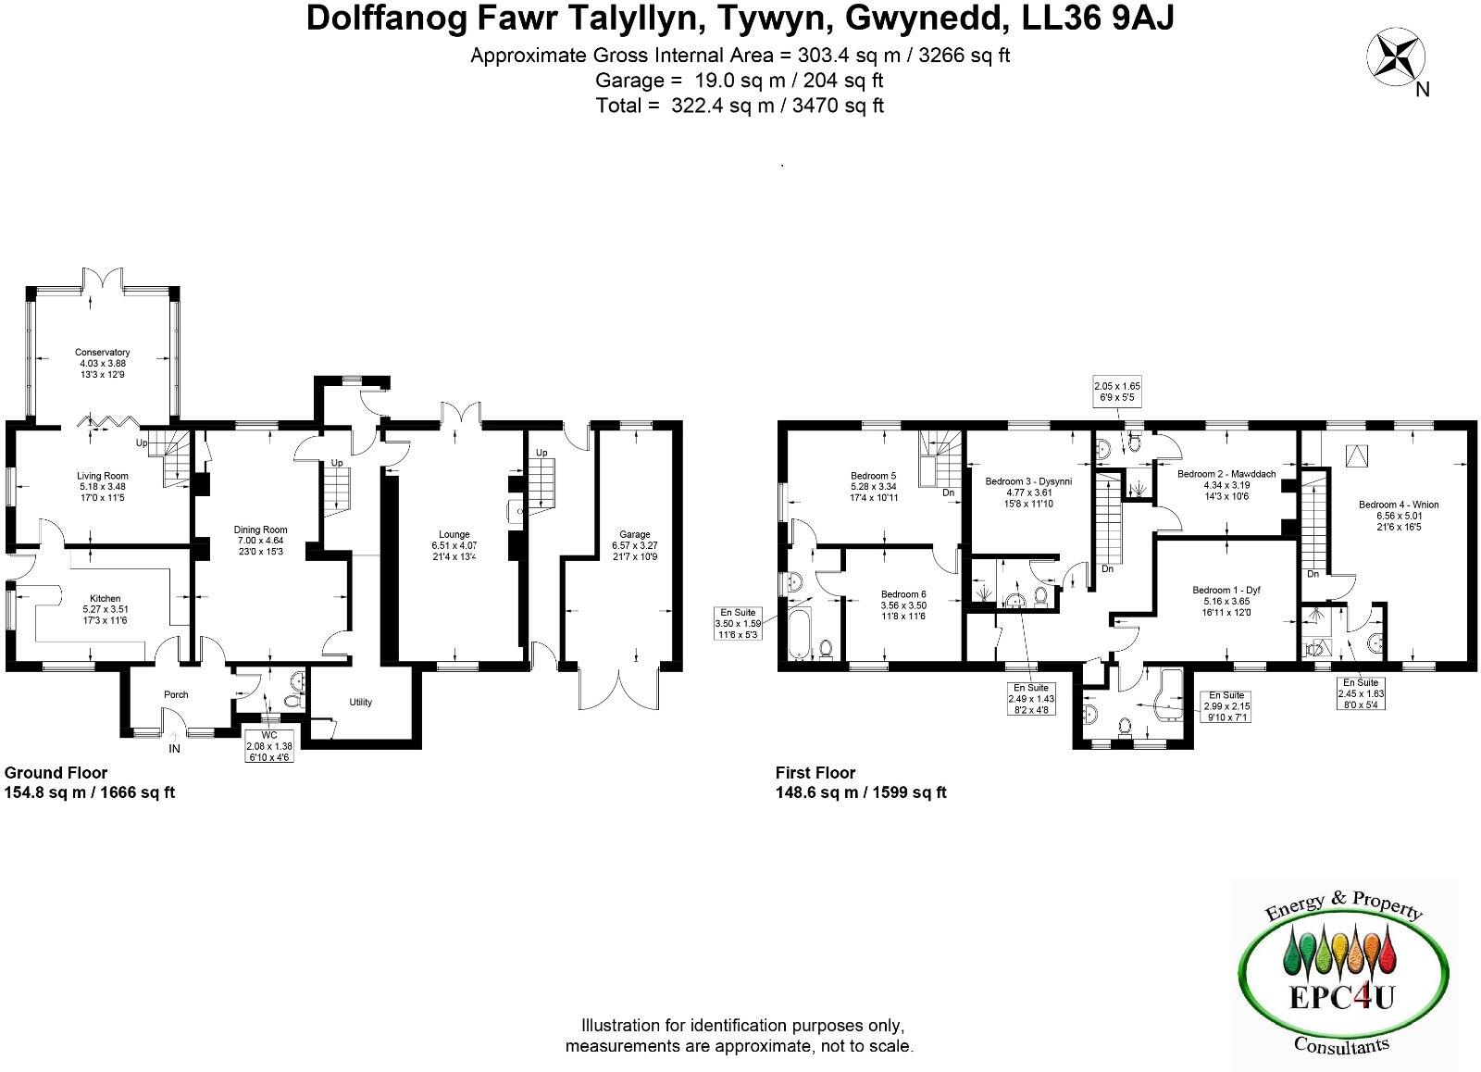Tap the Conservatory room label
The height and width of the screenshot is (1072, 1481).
pos(102,352)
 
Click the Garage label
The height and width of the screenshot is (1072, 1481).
pos(634,534)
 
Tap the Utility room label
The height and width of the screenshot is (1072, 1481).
pos(361,702)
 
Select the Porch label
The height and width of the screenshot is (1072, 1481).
pos(176,694)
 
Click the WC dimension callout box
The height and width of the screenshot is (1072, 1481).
pos(268,751)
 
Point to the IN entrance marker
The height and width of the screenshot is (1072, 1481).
pos(174,748)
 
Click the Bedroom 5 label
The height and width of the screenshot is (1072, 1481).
pos(874,476)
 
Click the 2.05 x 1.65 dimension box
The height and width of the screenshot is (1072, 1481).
pos(1117,391)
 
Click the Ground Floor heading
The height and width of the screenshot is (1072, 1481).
pos(56,773)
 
